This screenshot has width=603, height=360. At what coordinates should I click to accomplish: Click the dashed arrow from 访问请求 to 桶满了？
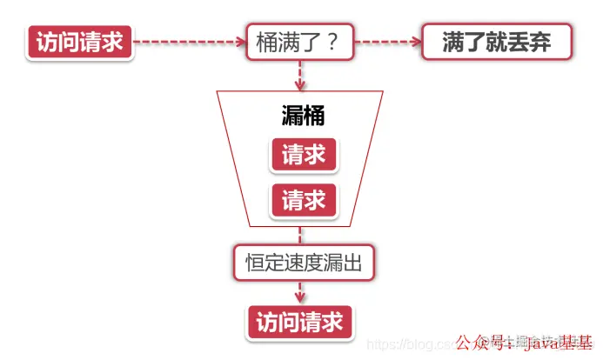(187, 41)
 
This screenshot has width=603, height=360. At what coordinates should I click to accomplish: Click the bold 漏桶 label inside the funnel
(303, 116)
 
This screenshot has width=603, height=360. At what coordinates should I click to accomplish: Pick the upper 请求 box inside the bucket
(304, 156)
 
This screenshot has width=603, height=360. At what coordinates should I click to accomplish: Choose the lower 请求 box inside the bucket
(304, 201)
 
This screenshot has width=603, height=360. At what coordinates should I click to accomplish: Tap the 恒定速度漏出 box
(303, 262)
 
